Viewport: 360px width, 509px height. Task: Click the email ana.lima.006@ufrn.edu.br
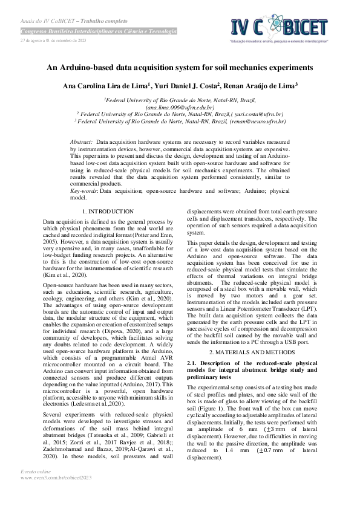coord(180,106)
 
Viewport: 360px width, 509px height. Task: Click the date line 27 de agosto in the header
coord(54,41)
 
